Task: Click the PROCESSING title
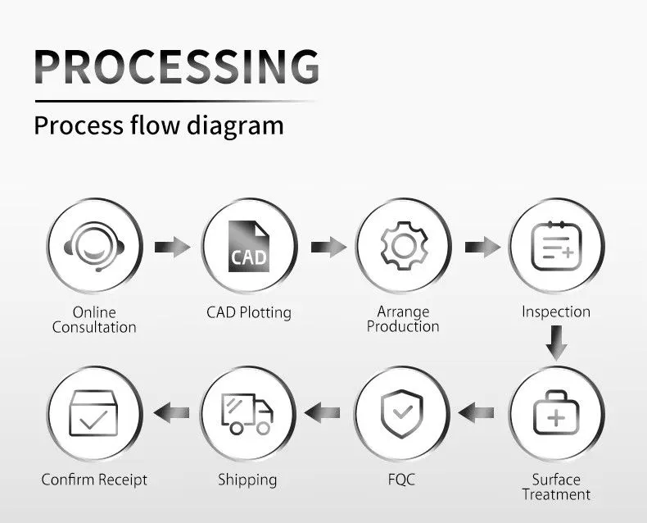(x=177, y=67)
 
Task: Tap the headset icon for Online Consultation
(x=93, y=246)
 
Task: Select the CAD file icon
(x=248, y=246)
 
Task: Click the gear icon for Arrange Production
(x=402, y=246)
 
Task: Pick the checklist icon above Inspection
(x=556, y=246)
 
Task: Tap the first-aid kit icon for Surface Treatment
(x=556, y=413)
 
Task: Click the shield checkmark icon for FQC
(x=402, y=413)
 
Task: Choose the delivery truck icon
(x=248, y=413)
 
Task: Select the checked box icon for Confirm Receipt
(x=93, y=413)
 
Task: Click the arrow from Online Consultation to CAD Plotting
(x=171, y=246)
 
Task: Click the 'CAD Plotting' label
(x=248, y=312)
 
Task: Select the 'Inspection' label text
(x=556, y=312)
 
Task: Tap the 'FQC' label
(x=402, y=480)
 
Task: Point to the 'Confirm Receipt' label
(x=94, y=480)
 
